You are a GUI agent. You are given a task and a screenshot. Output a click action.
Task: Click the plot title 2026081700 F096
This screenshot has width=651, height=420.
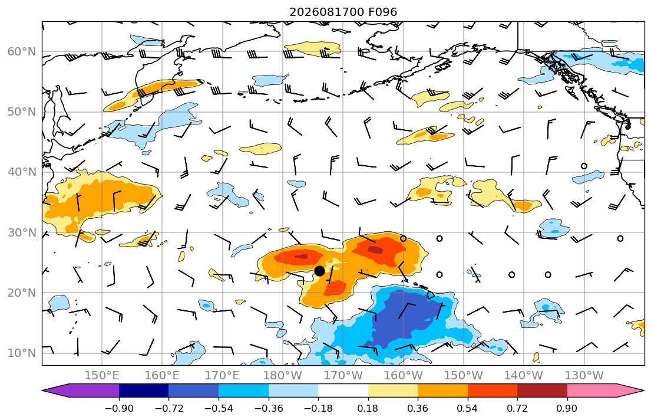(343, 12)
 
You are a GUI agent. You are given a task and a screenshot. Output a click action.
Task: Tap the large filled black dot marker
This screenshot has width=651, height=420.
(319, 271)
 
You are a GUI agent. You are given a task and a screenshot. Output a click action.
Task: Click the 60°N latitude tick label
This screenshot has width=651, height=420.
(22, 51)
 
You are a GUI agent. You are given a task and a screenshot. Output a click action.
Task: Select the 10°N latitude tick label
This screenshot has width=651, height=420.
(22, 353)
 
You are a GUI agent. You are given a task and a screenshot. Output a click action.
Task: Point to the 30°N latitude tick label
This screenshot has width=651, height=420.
(22, 232)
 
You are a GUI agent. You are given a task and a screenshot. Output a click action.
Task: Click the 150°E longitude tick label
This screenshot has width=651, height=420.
(102, 376)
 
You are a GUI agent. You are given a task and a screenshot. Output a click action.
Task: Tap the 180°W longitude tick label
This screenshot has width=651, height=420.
(283, 376)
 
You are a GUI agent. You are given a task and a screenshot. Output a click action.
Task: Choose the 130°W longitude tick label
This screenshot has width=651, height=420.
(584, 376)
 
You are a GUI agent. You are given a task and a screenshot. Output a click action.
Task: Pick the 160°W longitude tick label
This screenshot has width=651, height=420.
(404, 376)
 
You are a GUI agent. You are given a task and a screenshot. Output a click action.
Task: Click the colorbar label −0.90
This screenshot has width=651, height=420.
(119, 408)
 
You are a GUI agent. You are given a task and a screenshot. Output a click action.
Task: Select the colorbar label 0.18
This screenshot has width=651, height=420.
(368, 408)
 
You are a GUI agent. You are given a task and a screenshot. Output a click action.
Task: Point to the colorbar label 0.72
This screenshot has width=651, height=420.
(517, 408)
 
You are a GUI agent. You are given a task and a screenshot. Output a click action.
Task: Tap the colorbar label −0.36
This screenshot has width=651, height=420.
(269, 408)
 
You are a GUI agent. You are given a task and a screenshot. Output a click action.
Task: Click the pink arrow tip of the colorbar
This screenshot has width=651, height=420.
(643, 391)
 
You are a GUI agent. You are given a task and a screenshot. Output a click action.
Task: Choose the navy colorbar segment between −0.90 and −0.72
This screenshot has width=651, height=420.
(144, 391)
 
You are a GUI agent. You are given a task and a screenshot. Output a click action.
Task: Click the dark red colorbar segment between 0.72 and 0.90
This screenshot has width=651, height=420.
(542, 391)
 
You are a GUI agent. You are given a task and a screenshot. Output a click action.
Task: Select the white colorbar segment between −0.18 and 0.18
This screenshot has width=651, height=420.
(343, 391)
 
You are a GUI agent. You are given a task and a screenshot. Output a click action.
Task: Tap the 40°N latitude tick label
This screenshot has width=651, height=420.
(22, 172)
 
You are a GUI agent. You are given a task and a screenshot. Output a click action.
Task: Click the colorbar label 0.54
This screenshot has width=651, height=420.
(468, 408)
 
